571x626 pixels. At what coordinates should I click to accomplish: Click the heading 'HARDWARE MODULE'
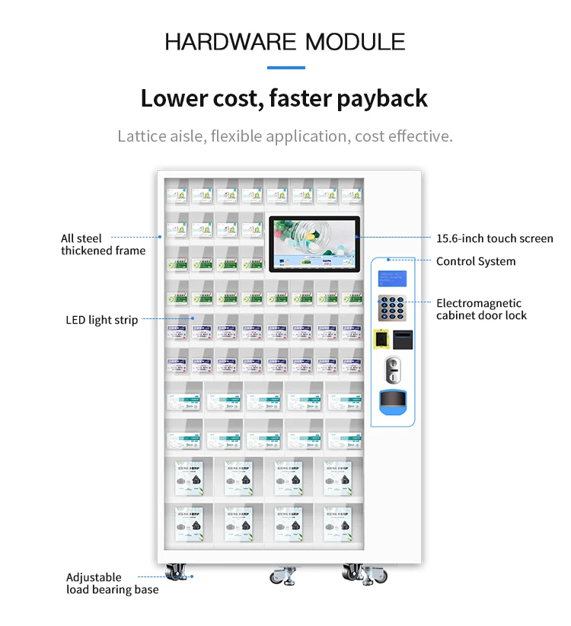285,41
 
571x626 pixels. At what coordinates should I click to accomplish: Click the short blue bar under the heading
285,68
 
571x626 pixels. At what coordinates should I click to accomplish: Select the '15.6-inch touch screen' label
494,238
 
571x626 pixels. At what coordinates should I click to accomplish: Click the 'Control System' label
475,261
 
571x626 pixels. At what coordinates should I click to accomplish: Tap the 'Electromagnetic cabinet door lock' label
480,309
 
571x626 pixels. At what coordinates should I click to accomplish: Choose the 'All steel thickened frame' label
103,244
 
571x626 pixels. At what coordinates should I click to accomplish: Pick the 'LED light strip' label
101,320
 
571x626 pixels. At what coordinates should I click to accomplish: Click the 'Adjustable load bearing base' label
112,583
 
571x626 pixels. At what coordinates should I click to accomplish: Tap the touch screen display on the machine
314,244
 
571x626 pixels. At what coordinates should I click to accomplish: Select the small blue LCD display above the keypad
392,277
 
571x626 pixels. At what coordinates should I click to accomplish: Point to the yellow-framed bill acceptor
381,339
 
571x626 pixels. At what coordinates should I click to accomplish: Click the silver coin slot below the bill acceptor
392,366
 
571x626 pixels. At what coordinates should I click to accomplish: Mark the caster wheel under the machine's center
283,576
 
